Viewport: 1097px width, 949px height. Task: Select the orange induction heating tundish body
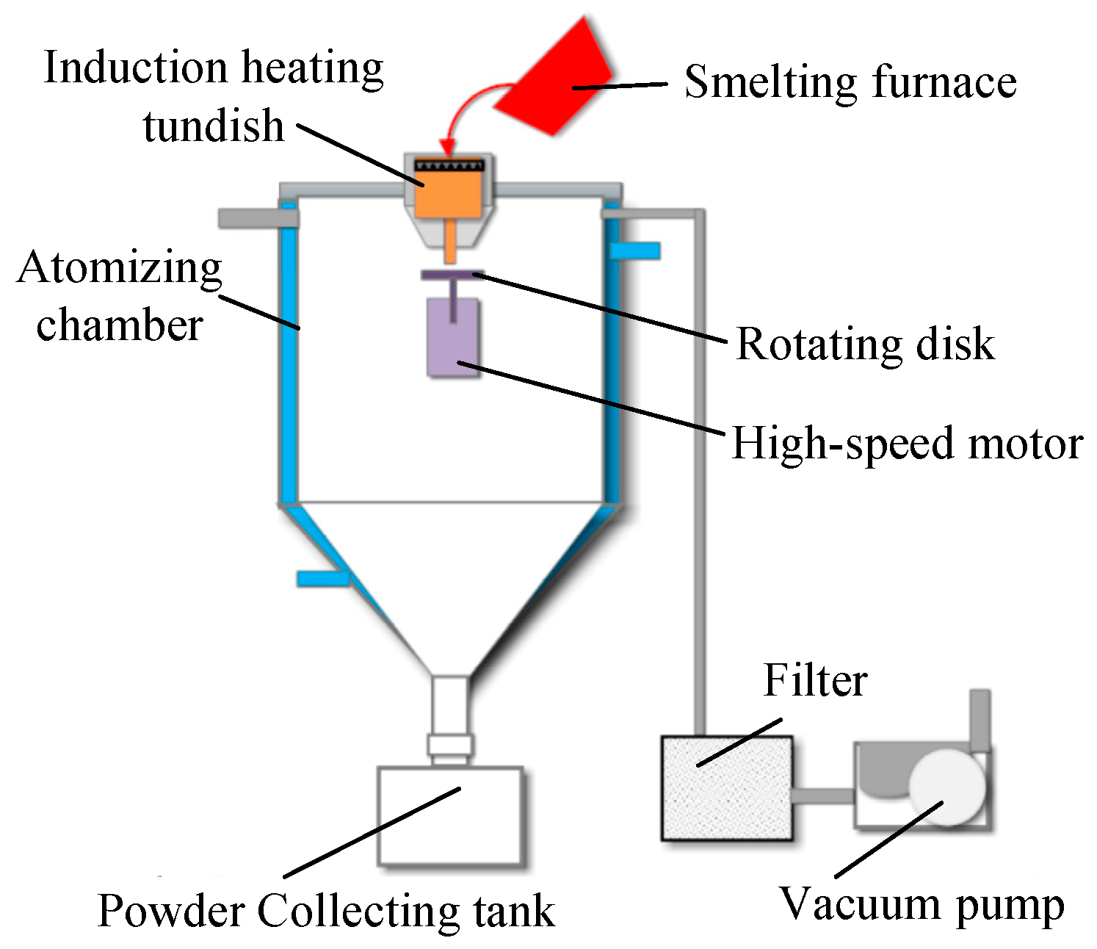(449, 194)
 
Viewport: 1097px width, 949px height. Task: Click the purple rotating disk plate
(452, 275)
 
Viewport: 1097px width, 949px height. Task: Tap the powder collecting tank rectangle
(449, 815)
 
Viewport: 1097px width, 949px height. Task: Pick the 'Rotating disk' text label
(865, 343)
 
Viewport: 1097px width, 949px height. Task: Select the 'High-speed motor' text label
(907, 444)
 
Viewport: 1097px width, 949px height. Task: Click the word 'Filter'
(815, 680)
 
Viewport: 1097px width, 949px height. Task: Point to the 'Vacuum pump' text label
(921, 904)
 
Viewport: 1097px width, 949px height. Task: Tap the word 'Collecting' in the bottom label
(358, 911)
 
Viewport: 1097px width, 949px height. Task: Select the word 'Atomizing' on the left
(119, 267)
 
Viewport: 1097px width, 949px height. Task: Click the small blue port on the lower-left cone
(322, 579)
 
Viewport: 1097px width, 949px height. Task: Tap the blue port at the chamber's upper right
(635, 250)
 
